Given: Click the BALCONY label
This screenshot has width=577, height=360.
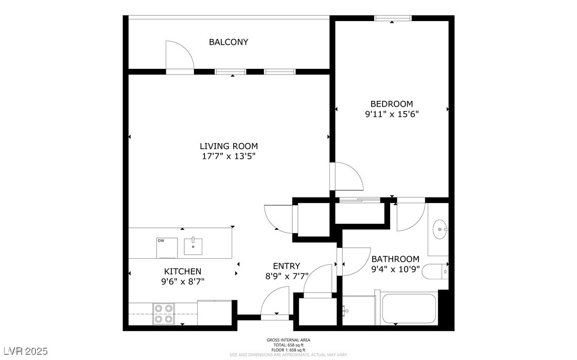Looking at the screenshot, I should click(228, 42).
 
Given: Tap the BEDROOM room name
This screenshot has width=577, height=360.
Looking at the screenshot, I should click(391, 104).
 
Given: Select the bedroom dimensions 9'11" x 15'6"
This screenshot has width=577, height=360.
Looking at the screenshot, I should click(391, 115).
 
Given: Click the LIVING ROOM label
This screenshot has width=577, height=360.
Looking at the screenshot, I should click(229, 146).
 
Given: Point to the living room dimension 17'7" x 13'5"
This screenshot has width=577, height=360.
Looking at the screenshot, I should click(229, 156).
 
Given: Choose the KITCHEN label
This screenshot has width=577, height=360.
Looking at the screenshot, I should click(182, 271).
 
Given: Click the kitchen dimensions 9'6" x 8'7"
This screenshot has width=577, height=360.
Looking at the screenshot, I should click(182, 281).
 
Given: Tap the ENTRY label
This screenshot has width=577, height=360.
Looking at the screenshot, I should click(286, 266).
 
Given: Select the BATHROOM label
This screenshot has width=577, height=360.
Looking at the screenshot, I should click(395, 259).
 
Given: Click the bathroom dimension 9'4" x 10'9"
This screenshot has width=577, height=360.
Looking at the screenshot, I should click(395, 268).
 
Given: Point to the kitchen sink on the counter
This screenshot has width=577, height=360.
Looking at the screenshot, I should click(193, 246).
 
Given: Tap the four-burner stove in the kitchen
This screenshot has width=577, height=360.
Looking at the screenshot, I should click(164, 314).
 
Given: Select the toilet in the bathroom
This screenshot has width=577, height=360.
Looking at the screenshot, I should click(435, 271).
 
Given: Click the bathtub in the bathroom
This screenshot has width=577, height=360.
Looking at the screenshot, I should click(409, 308).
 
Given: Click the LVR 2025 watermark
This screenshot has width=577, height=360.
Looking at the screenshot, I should click(24, 351).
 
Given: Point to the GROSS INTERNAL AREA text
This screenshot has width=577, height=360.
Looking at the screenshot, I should click(288, 340).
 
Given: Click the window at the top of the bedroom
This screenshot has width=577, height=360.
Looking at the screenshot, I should click(393, 19).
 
